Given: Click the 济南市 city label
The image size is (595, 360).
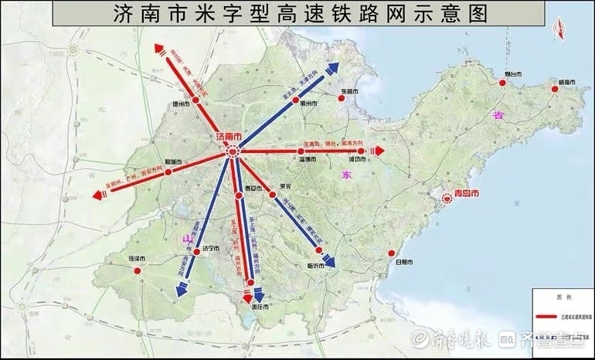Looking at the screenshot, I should [x=229, y=137].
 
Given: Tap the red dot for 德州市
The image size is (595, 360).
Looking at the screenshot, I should [x=195, y=100].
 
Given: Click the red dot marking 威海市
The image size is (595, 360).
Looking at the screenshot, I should [x=555, y=90].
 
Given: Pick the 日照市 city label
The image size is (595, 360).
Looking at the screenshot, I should [x=403, y=263].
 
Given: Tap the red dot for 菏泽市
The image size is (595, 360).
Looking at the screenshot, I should [x=138, y=270].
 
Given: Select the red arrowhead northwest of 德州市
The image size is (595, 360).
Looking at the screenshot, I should [x=159, y=50].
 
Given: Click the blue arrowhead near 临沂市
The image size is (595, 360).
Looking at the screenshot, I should [x=328, y=262].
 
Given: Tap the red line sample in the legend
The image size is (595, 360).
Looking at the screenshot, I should [x=549, y=317].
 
